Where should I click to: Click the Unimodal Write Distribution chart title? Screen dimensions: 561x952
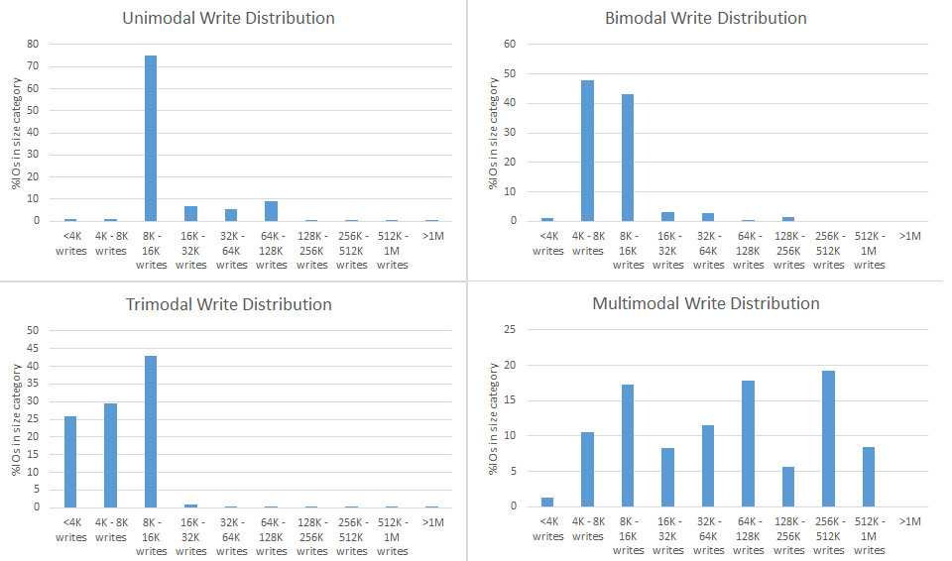pos(228,18)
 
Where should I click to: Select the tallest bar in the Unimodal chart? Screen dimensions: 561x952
pos(151,138)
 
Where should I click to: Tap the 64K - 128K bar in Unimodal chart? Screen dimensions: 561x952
pos(272,211)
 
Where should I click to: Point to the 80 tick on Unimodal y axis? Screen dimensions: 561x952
pos(33,44)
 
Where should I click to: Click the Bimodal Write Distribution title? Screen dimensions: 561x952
pos(705,18)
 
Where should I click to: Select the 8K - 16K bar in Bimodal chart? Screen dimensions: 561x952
pos(628,158)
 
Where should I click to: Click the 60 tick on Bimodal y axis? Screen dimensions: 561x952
pos(510,44)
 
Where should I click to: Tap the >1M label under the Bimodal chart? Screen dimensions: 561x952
pos(909,236)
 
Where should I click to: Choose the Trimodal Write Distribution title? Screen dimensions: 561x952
pos(228,304)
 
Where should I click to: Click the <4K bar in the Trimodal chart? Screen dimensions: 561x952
pos(70,462)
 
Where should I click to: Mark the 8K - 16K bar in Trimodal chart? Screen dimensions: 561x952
pos(151,431)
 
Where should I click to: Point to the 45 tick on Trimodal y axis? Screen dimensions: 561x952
pos(33,348)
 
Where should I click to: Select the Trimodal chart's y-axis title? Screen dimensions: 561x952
pos(17,418)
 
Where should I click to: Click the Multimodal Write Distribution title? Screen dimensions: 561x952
pos(705,303)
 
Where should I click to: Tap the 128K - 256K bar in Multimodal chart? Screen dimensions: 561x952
pos(788,487)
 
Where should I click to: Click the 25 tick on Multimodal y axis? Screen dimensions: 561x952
pos(510,330)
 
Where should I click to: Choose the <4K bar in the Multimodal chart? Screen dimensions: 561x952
pos(547,502)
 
